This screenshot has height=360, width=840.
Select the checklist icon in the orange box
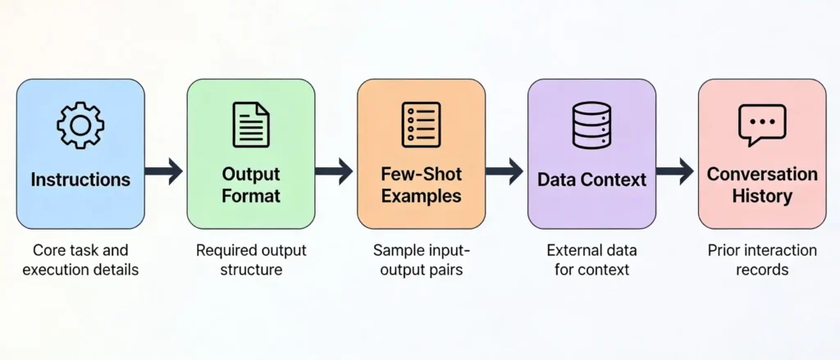point(421,125)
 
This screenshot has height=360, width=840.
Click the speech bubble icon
point(761,125)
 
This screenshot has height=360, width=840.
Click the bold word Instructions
point(80,179)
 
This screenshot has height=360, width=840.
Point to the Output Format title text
point(250,185)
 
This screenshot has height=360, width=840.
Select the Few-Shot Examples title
point(421,185)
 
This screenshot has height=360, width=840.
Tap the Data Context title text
point(591,179)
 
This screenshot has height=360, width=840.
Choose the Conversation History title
point(762,185)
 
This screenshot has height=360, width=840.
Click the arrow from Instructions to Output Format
point(165,171)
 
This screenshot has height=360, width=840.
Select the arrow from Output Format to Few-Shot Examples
point(335,171)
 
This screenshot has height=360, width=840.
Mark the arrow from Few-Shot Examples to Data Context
point(505,171)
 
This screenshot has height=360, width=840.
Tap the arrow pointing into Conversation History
point(676,171)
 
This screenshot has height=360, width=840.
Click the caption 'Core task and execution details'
point(80,259)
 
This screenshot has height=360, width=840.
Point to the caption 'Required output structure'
point(250,259)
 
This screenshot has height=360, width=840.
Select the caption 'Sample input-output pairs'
point(421,259)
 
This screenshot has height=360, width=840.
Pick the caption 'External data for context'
point(591,259)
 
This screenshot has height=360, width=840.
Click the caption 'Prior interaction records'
point(762,259)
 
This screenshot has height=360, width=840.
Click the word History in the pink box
point(762,196)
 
